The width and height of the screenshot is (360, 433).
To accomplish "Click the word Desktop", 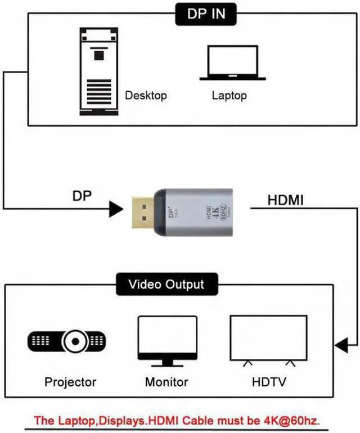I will (146, 95).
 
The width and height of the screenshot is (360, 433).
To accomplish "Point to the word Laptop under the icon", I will (229, 95).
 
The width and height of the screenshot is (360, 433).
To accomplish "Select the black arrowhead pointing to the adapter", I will (116, 209).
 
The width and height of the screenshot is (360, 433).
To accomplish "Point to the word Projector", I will (70, 382).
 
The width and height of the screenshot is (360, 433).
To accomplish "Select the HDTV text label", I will (268, 382).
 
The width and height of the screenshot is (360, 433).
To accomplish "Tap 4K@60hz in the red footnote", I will (295, 420).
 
